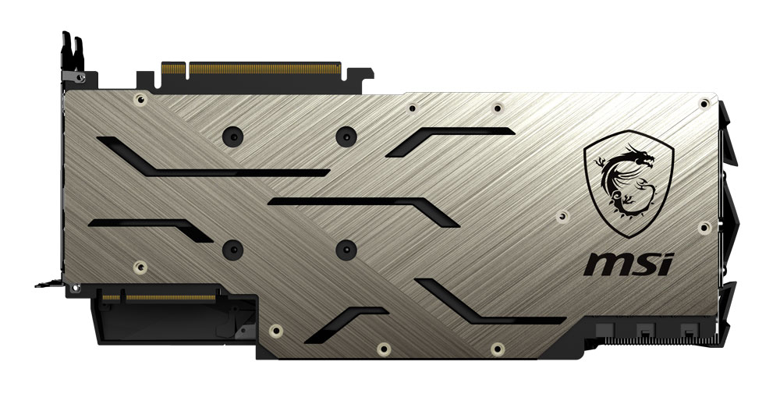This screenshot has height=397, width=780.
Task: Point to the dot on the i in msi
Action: click(x=669, y=256)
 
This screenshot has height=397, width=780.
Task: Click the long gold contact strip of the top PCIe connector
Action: click(x=264, y=68)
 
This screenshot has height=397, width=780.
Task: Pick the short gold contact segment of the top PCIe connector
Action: click(x=173, y=68)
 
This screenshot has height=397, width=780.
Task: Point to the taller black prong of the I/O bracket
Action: click(x=66, y=51)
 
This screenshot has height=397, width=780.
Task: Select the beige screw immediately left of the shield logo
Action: click(x=562, y=216)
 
